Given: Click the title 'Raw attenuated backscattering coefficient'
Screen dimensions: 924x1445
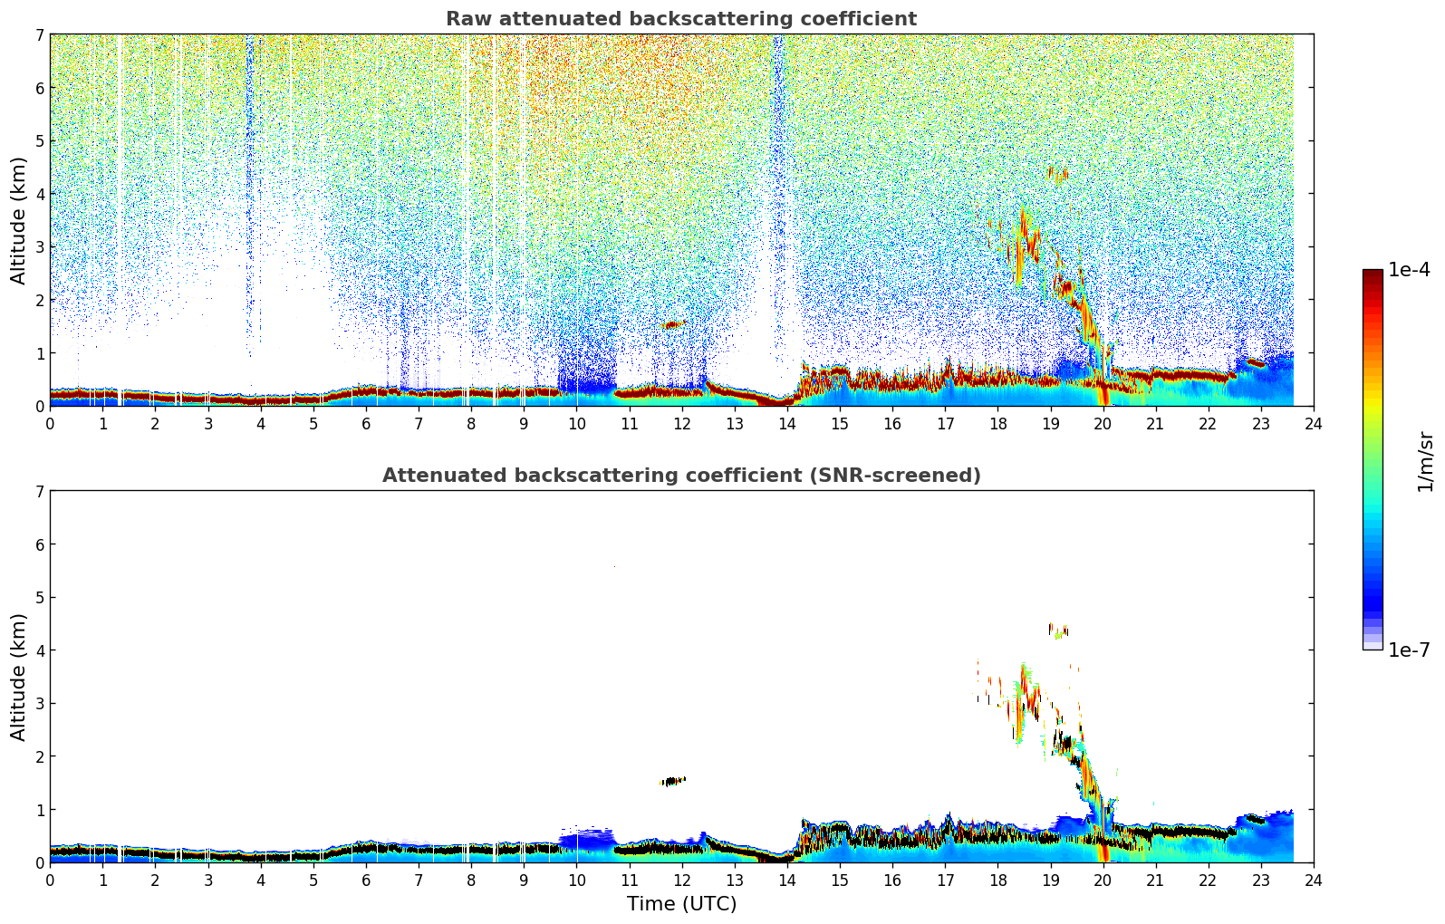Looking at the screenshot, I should (x=680, y=19).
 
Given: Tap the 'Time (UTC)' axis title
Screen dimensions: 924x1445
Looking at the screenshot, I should (x=681, y=904).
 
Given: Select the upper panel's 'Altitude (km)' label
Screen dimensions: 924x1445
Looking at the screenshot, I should (x=19, y=220).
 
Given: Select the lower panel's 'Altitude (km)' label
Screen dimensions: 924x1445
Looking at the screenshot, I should (x=19, y=677).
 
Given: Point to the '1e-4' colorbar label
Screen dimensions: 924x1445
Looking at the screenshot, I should (x=1409, y=270).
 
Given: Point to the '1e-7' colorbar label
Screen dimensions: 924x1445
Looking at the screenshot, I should (x=1409, y=650).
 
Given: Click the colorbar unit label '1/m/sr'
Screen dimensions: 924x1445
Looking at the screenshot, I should (x=1425, y=461).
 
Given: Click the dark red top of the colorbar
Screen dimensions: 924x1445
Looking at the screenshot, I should (x=1373, y=274).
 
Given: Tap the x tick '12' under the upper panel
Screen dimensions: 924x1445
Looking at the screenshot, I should (x=681, y=423).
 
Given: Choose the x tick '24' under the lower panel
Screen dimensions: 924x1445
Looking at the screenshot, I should (x=1313, y=880).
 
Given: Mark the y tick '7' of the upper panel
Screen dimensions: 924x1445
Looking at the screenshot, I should (x=39, y=35).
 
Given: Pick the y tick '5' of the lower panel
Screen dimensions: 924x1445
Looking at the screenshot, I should (x=39, y=598).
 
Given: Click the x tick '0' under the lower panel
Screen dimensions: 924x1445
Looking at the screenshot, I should (x=50, y=880).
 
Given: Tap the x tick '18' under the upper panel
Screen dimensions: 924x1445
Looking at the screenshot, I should (x=997, y=423).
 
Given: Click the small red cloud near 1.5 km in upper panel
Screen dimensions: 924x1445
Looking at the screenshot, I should (x=671, y=324).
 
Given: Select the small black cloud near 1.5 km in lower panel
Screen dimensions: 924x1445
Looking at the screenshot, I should (x=672, y=781).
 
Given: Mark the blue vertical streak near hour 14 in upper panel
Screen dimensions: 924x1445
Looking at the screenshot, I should (x=777, y=181).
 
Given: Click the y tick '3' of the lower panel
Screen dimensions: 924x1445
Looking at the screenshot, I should (x=39, y=704).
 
